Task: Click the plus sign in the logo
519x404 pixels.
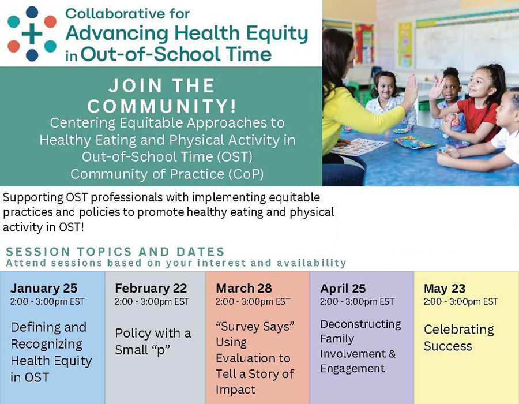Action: pos(32,33)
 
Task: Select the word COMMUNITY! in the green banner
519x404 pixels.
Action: pos(162,106)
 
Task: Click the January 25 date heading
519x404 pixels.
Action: pos(44,288)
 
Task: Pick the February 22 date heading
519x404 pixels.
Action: pos(151,288)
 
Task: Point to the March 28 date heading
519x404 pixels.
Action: pos(243,288)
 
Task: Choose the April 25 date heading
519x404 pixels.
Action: pos(343,289)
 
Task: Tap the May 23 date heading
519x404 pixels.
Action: pos(445,289)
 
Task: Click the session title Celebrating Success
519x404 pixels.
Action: pos(459,338)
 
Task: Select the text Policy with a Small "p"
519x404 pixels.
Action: pos(153,342)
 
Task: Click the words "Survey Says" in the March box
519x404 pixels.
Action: pos(255,327)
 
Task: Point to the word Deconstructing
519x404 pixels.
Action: pos(360,324)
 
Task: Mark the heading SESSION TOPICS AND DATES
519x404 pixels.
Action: pos(115,252)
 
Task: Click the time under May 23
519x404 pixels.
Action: pos(460,301)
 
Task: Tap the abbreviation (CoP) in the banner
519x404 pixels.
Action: pos(246,174)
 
